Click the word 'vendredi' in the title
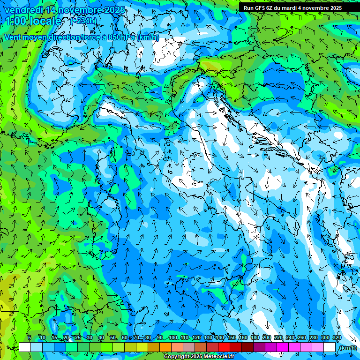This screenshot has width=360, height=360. click(x=22, y=10)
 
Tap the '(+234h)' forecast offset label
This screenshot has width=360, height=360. click(x=84, y=21)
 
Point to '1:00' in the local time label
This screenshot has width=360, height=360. click(x=15, y=21)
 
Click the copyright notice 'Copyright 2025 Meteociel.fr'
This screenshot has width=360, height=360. click(x=199, y=357)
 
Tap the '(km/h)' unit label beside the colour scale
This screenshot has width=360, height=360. click(x=347, y=347)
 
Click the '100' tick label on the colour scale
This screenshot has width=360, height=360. click(x=173, y=337)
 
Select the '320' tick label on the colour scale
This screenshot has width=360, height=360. click(x=337, y=337)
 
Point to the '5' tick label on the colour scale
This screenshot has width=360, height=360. click(x=30, y=337)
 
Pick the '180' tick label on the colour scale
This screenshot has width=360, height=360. click(x=255, y=337)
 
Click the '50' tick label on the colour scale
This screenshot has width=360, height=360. click(x=113, y=337)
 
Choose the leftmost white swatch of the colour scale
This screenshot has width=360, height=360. click(x=25, y=347)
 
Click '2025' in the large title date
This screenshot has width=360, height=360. click(x=112, y=10)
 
